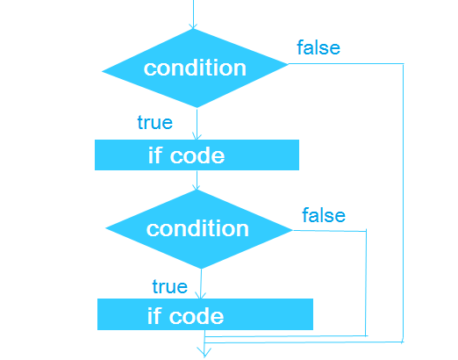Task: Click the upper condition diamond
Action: pos(195,68)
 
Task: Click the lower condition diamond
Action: pos(199,229)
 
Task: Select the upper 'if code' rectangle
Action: pos(197,155)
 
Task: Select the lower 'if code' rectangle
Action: pos(205,314)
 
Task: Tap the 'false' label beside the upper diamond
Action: pos(318,47)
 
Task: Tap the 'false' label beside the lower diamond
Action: pos(324,215)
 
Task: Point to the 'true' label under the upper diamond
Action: pos(155,122)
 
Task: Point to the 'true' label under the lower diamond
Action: pos(170,286)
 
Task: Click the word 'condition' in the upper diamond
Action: pos(195,68)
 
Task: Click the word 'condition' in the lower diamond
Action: pos(197,228)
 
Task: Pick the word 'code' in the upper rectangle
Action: pos(197,155)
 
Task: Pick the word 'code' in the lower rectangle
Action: pos(197,316)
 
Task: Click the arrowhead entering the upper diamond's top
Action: pos(193,25)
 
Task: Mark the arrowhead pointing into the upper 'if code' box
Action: pos(197,136)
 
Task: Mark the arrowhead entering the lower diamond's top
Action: pos(197,187)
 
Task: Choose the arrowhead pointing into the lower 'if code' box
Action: pos(201,295)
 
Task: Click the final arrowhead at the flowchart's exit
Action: pos(204,352)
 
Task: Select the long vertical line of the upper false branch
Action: pos(404,203)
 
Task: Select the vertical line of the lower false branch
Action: pos(366,283)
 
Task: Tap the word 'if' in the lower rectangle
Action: pos(154,315)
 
